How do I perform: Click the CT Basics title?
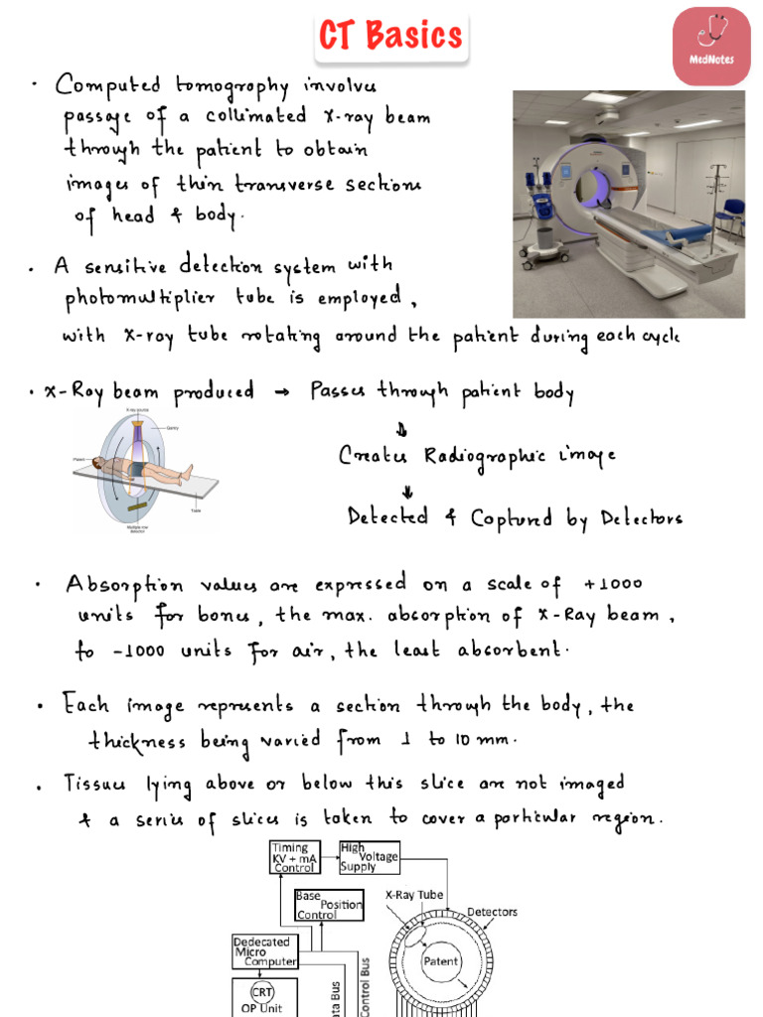click(x=390, y=36)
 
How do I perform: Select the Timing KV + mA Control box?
click(x=295, y=857)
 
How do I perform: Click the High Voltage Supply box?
click(x=369, y=856)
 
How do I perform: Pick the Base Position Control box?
click(x=328, y=905)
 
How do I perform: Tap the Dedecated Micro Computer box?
click(x=264, y=951)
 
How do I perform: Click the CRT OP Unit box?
click(x=263, y=997)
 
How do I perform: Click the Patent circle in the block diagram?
click(x=440, y=961)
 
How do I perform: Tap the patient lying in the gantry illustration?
click(x=140, y=468)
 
